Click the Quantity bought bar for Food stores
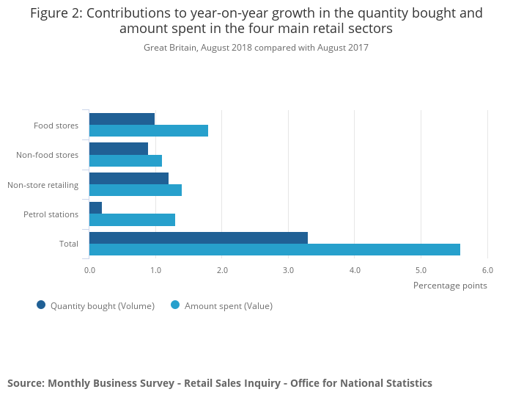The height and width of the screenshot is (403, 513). pos(122,119)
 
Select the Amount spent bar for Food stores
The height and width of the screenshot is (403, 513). pos(149,131)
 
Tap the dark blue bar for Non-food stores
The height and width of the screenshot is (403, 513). pos(119,148)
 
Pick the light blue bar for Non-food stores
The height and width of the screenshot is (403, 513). pos(125,161)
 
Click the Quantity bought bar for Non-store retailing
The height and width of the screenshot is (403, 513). pos(129,178)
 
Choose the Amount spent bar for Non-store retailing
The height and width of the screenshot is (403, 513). pos(136,190)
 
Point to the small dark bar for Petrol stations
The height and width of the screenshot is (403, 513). pos(96,208)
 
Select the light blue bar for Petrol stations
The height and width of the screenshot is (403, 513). pos(132,219)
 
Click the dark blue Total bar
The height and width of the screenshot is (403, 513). pos(199,238)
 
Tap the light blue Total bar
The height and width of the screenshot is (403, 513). pos(275,250)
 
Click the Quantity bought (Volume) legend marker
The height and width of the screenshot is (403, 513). pos(41,305)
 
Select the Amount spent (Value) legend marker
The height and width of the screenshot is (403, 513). pos(175,305)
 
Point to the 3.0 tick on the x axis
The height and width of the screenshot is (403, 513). pos(289,270)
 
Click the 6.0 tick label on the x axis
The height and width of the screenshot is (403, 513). pos(487,270)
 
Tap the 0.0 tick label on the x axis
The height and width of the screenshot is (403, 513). pos(89,270)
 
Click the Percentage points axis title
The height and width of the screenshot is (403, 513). pos(450,286)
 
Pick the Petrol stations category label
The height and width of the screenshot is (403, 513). pos(51,214)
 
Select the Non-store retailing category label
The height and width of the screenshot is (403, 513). pos(43,185)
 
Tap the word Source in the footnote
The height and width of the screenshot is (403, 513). pos(25,383)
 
